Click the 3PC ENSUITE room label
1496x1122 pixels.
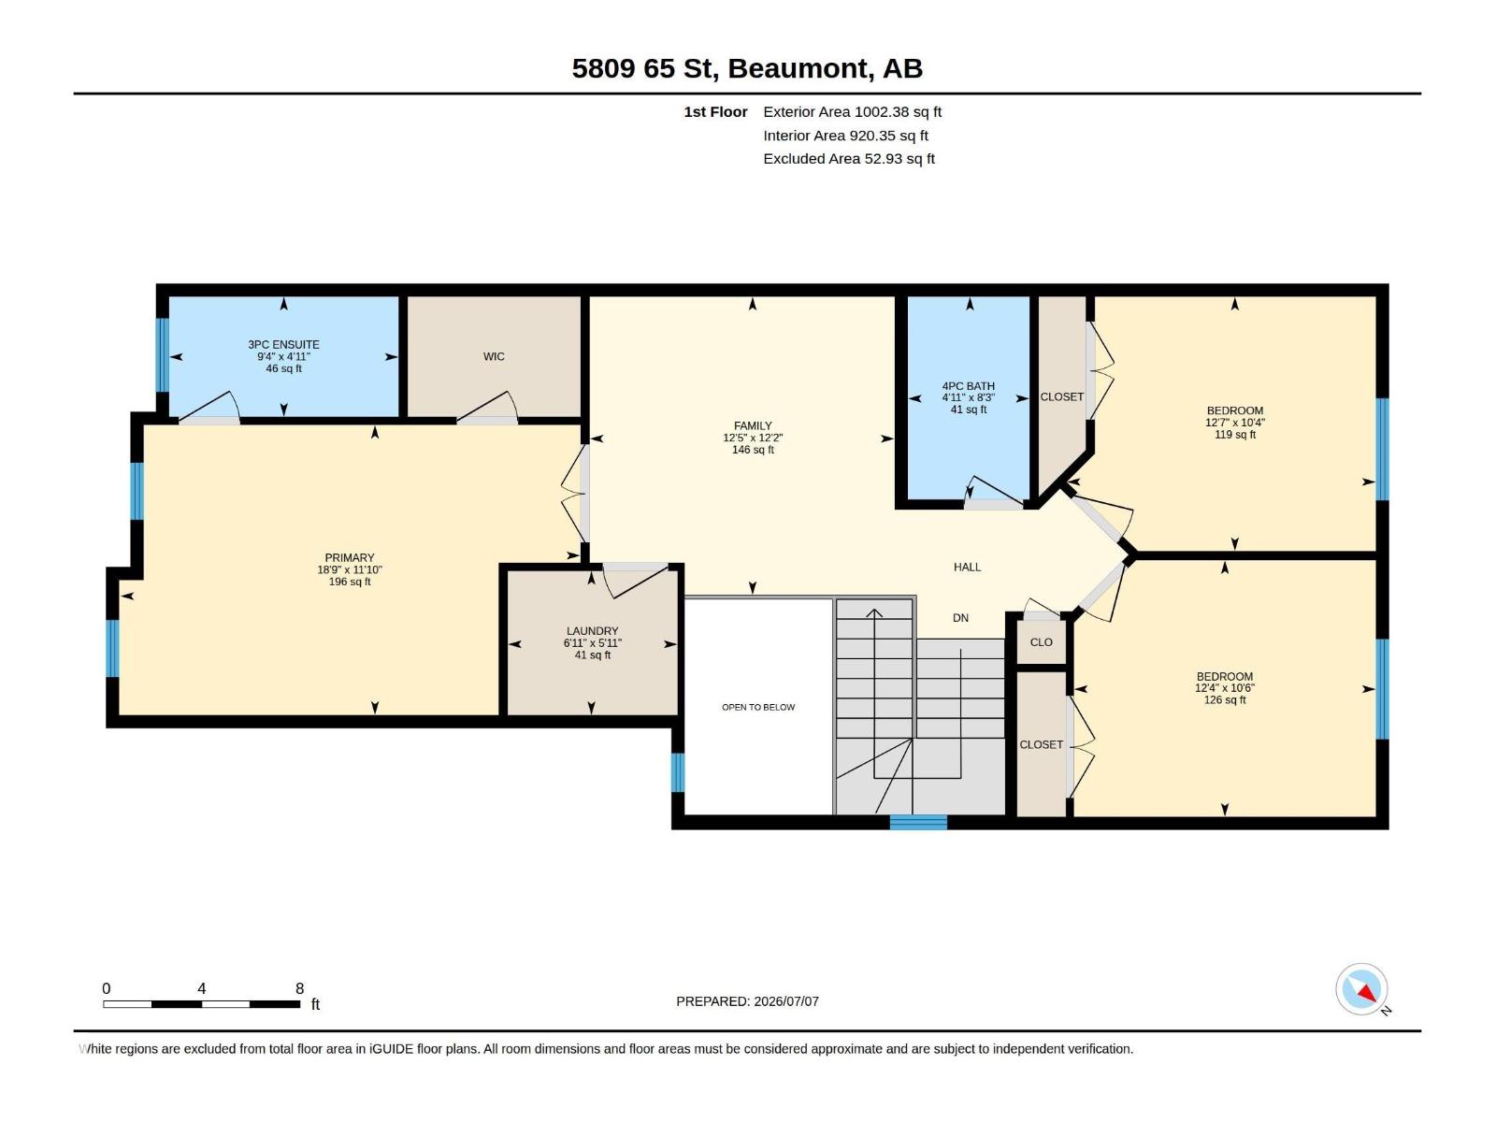tap(283, 345)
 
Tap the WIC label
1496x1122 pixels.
tap(494, 356)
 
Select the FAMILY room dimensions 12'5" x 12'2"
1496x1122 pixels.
tap(753, 438)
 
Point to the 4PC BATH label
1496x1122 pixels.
tap(969, 386)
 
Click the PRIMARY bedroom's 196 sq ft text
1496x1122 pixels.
tap(350, 582)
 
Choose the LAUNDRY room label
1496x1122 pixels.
tap(592, 631)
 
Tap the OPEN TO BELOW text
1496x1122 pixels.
tap(758, 707)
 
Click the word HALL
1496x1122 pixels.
tap(967, 567)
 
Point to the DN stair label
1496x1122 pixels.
tap(960, 618)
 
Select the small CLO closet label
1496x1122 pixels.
tap(1041, 641)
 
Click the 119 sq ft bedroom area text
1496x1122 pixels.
tap(1234, 434)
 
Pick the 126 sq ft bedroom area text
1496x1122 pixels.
tap(1224, 699)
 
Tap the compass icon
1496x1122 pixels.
tap(1361, 989)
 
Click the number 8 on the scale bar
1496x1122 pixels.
tap(299, 987)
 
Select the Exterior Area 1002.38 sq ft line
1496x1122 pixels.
tap(852, 111)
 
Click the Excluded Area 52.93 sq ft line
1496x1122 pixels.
tap(849, 159)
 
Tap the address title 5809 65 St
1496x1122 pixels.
tap(641, 68)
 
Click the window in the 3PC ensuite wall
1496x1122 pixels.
tap(162, 355)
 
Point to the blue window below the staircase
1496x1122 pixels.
tap(918, 822)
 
